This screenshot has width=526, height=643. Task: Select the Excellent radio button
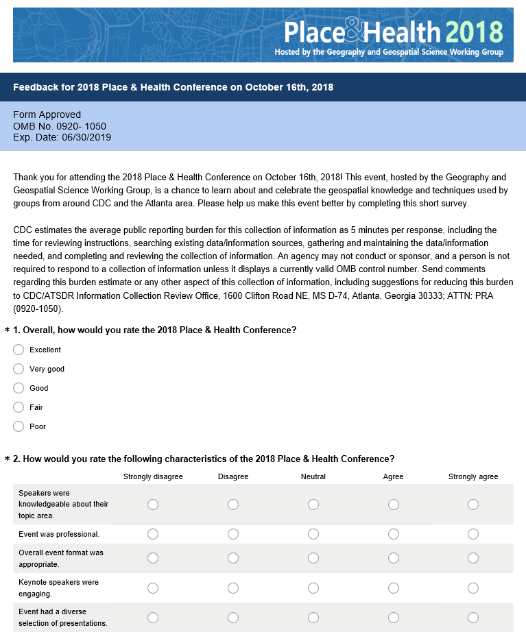click(x=19, y=350)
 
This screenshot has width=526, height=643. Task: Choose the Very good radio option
click(x=19, y=369)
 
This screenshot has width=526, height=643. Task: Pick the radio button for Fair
click(x=19, y=407)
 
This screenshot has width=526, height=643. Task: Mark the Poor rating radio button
click(x=19, y=426)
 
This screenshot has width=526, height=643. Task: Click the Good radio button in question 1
click(x=19, y=388)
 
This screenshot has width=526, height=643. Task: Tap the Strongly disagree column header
click(x=153, y=476)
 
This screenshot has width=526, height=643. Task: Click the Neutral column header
click(x=313, y=476)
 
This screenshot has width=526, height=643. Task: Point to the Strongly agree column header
click(x=473, y=476)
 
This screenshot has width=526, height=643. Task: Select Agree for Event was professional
click(x=394, y=534)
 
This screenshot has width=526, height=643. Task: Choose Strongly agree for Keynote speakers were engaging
click(x=473, y=587)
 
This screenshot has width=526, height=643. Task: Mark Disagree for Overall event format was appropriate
click(x=233, y=558)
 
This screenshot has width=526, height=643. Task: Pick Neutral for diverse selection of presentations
click(x=313, y=618)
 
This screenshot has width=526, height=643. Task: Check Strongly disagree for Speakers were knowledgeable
click(x=153, y=505)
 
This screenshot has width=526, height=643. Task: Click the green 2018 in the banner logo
click(x=474, y=32)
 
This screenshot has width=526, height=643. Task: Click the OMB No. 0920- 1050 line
click(x=60, y=126)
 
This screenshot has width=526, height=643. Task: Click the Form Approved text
click(x=47, y=114)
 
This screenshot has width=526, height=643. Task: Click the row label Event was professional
click(x=59, y=534)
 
